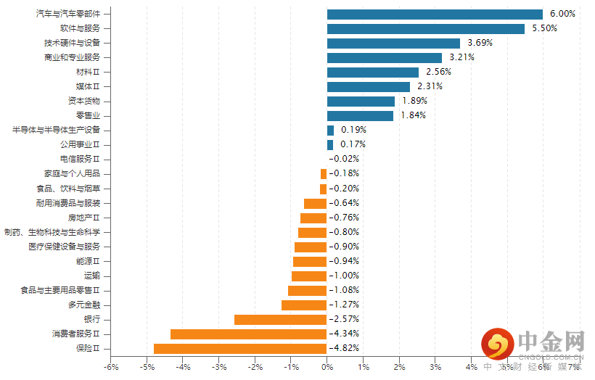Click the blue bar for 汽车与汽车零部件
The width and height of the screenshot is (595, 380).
(x=435, y=14)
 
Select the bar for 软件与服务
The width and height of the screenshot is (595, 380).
(x=426, y=28)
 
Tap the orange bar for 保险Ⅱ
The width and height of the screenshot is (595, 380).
(x=240, y=349)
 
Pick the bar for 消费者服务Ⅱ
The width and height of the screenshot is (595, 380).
(x=249, y=334)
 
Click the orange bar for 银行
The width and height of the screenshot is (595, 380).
(x=281, y=320)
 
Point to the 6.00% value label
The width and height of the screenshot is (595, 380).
(x=562, y=14)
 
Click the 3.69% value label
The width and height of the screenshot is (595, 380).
(x=480, y=43)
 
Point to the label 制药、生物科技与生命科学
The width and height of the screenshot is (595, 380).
(x=57, y=232)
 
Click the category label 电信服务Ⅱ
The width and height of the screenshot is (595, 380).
(x=85, y=160)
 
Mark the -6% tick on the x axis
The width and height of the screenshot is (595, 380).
(x=110, y=368)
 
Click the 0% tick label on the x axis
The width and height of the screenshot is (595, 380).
(x=327, y=368)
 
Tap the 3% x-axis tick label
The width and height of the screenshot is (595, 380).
(x=435, y=368)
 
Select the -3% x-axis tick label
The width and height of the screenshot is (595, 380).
(x=218, y=368)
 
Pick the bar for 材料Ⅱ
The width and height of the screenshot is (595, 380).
(x=373, y=72)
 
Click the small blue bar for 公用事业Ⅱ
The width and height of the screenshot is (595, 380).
(x=330, y=145)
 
